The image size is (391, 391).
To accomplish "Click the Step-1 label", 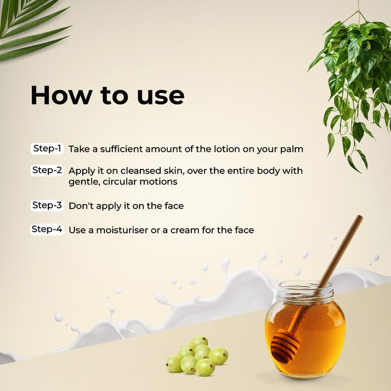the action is [47, 149].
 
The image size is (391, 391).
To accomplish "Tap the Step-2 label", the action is [47, 170].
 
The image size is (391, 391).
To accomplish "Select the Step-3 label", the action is [47, 205].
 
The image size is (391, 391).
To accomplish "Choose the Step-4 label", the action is [47, 229].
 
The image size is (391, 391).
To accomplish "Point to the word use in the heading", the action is [161, 96].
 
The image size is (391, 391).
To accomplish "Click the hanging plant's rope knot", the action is [359, 11].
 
